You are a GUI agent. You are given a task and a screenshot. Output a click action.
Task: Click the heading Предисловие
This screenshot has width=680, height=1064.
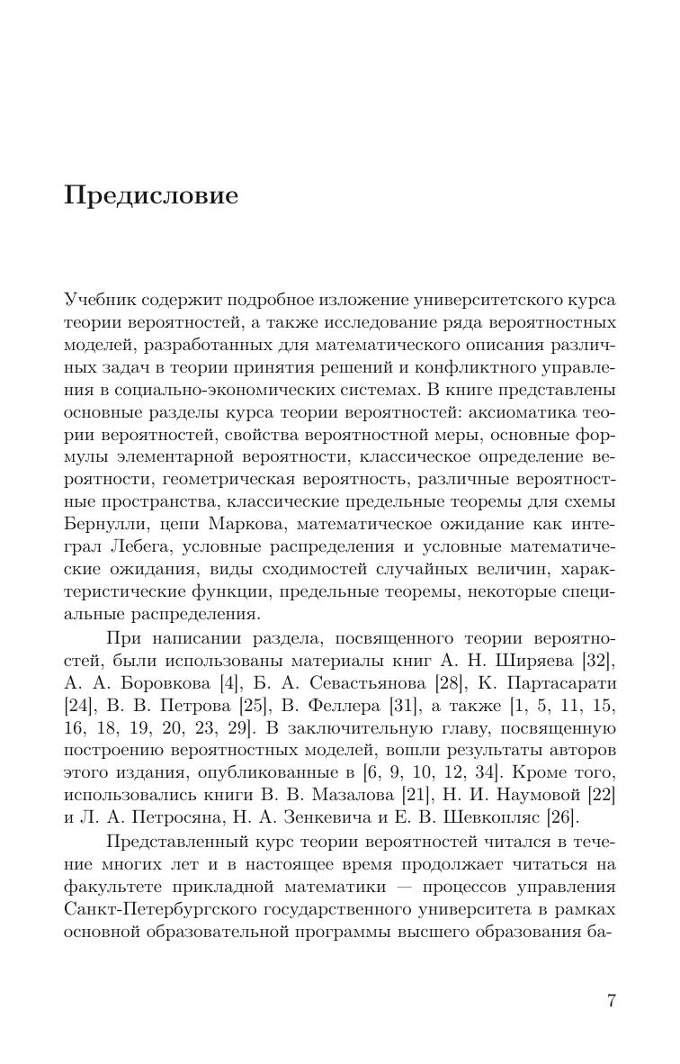[151, 196]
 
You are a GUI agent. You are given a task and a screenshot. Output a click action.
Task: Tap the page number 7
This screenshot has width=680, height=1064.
[611, 1001]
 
